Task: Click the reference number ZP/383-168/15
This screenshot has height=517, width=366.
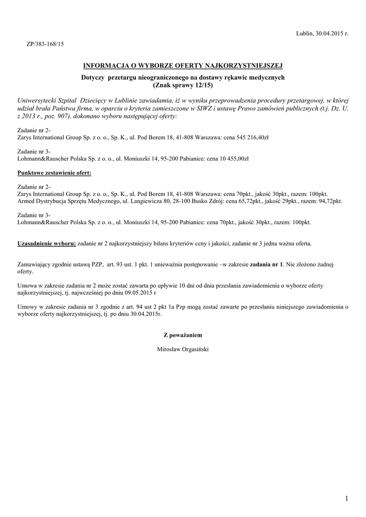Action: (x=45, y=44)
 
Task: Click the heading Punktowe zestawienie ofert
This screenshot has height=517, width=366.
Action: (x=55, y=173)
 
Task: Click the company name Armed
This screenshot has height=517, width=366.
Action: (x=26, y=200)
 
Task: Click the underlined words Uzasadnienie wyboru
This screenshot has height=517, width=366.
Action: (x=47, y=243)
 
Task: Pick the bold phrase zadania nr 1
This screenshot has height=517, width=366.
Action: (x=267, y=264)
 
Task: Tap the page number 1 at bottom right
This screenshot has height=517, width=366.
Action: (x=347, y=499)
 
